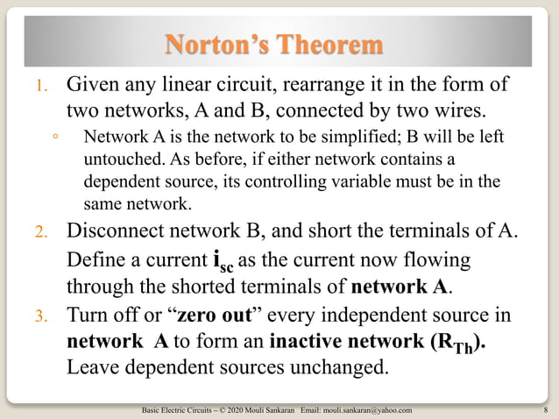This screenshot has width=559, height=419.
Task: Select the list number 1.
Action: point(39,89)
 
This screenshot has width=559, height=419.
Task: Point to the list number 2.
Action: point(39,233)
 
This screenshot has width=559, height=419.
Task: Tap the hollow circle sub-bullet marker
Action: point(54,138)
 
